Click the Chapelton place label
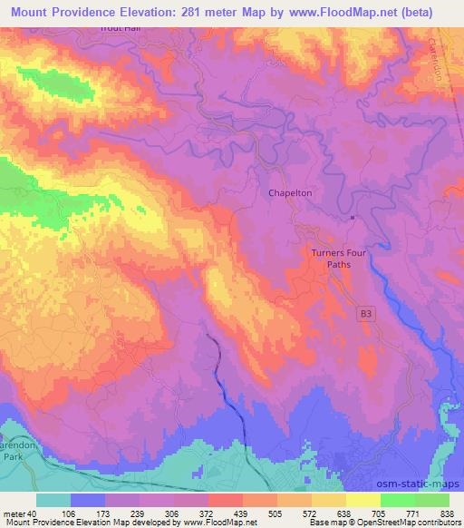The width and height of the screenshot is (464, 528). [291, 192]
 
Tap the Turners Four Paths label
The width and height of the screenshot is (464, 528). [338, 259]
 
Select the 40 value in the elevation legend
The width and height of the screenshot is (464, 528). [33, 513]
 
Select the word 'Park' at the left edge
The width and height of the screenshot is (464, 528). [11, 434]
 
